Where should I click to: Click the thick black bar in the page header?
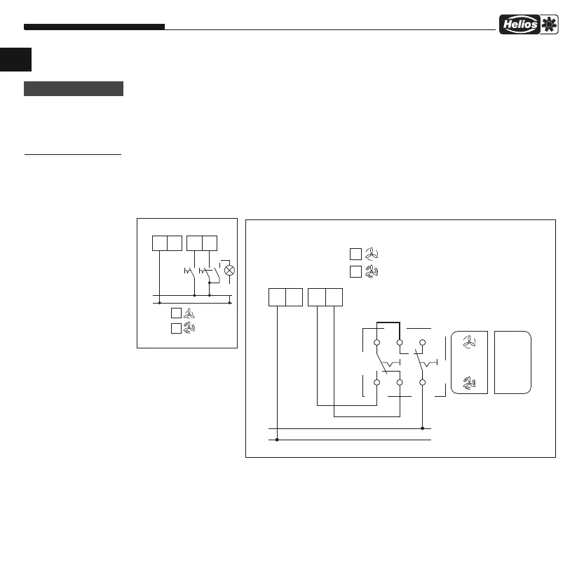click(94, 27)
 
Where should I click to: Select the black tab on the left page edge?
click(15, 59)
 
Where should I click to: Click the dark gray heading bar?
click(74, 89)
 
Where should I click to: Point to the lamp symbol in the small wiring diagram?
click(229, 270)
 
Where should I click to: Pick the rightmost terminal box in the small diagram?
click(210, 243)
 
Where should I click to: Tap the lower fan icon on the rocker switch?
click(470, 383)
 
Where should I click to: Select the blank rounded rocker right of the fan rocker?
click(513, 362)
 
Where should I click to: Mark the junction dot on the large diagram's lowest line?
click(278, 440)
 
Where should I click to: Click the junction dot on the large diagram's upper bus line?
click(423, 428)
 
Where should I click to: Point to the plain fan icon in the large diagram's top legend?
click(372, 255)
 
